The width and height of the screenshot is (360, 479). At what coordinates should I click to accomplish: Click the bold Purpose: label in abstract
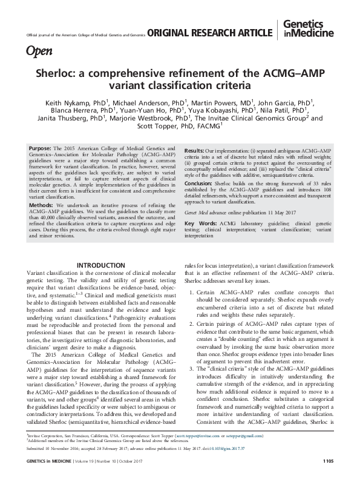[x=41, y=148]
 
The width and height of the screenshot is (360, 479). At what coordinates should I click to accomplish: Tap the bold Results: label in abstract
[x=195, y=148]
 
